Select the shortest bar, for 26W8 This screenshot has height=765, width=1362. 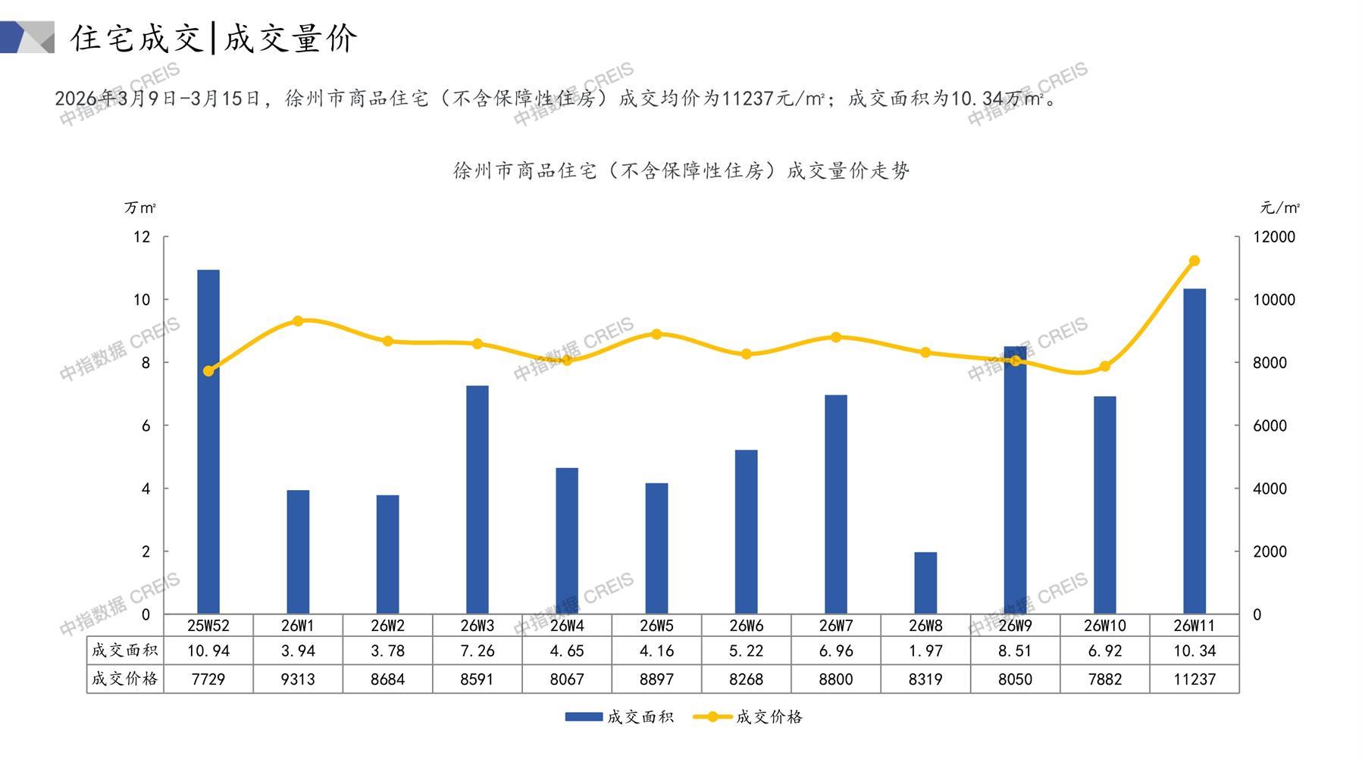coord(925,582)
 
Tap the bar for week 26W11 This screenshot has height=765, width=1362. coord(1194,451)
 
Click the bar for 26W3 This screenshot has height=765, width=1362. coord(477,500)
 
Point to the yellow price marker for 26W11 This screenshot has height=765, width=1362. coord(1194,261)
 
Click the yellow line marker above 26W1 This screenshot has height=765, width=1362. coord(298,321)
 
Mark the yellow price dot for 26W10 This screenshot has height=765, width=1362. coord(1105,367)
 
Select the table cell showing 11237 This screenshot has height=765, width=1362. coord(1194,679)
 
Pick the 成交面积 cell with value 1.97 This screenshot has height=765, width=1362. coord(925,651)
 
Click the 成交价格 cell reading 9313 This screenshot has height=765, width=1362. coord(298,679)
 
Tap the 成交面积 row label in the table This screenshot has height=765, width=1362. coord(124,651)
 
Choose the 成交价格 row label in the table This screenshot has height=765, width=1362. coord(124,679)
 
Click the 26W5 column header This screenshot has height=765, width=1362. coord(656,626)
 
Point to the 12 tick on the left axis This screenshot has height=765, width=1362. coord(142,237)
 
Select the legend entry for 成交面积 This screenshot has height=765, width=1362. coord(619,717)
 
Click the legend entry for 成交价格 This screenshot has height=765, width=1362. coord(748,717)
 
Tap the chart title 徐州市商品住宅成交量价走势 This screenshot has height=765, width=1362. coord(681,171)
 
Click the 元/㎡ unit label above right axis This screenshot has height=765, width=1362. coord(1280,208)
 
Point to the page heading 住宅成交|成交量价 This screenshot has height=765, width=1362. coord(214,38)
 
